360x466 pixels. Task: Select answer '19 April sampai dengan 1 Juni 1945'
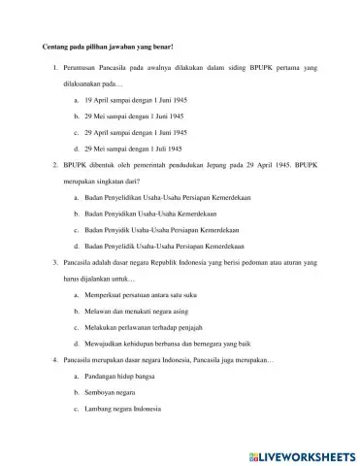(x=132, y=100)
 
